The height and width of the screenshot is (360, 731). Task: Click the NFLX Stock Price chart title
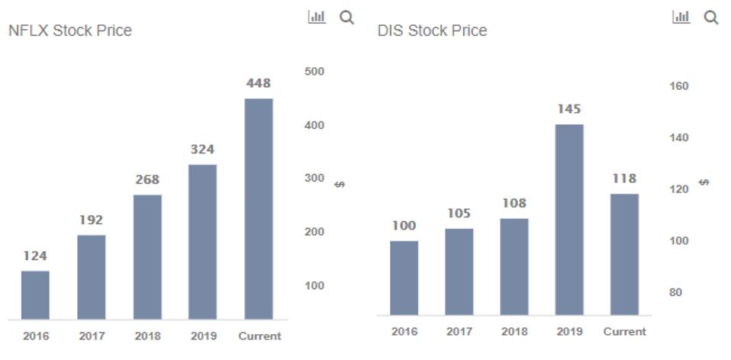[x=69, y=31]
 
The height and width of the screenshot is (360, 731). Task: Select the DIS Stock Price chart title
[x=432, y=31]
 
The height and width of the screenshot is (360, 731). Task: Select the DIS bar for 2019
[x=569, y=219]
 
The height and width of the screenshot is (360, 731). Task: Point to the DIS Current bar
[x=624, y=254]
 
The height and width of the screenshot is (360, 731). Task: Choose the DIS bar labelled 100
[x=404, y=278]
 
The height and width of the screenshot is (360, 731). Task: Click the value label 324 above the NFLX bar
[x=202, y=149]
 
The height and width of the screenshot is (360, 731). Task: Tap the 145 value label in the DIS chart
[x=569, y=109]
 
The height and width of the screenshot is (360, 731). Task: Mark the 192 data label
[x=91, y=220]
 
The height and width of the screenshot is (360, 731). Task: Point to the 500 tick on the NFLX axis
[x=314, y=72]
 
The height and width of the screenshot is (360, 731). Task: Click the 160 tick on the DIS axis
[x=678, y=86]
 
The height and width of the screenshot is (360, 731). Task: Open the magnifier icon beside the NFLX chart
[x=346, y=18]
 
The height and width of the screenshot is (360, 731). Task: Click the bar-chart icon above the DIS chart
[x=681, y=18]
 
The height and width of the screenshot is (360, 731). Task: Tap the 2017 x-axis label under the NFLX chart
[x=91, y=336]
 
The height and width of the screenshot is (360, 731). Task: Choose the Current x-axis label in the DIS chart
[x=624, y=332]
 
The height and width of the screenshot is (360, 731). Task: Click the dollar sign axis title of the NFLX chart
[x=340, y=185]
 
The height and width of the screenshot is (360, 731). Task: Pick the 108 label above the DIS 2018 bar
[x=514, y=204]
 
